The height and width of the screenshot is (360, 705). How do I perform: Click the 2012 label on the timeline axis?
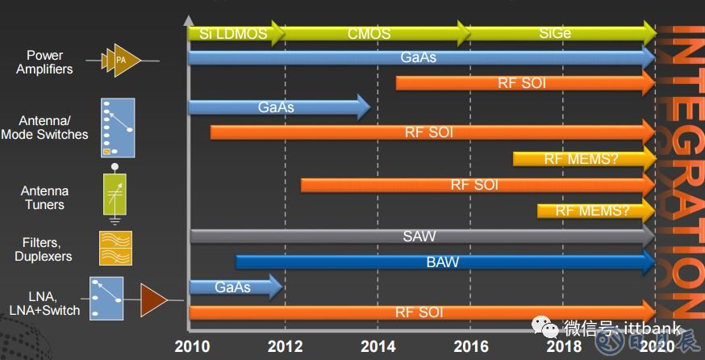point(284,346)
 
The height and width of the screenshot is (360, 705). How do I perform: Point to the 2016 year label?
point(471,346)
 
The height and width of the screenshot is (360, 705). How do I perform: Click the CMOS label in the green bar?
point(369,34)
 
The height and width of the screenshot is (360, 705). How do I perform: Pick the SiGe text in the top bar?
point(557,34)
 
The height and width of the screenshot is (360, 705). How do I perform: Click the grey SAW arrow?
point(419,237)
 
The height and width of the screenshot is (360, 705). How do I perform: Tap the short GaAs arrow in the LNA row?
point(233,287)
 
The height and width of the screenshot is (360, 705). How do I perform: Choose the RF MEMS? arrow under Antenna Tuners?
point(593,211)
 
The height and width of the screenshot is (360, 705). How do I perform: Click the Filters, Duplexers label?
point(44,249)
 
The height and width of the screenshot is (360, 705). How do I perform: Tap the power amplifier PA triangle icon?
point(122,60)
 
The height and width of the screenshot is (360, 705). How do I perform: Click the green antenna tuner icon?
point(115,195)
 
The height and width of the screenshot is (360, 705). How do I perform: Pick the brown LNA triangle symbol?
point(152,299)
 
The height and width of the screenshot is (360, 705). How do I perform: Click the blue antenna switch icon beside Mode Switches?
point(118,128)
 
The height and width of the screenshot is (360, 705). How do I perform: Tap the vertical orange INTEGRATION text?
point(684,170)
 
